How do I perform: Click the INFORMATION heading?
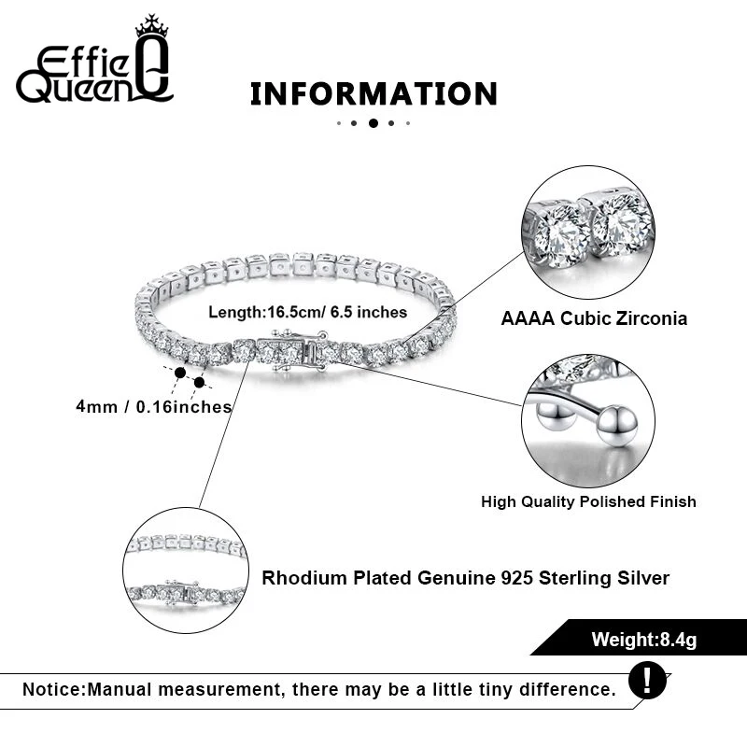373,93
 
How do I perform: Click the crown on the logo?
150,27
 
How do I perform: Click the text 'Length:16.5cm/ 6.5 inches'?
307,312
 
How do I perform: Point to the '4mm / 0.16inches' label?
154,406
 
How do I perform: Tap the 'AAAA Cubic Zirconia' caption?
594,318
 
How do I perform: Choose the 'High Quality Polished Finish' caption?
588,501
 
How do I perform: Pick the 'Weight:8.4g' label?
644,640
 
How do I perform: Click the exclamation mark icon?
648,679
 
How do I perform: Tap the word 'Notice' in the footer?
52,690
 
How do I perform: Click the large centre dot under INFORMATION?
373,122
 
